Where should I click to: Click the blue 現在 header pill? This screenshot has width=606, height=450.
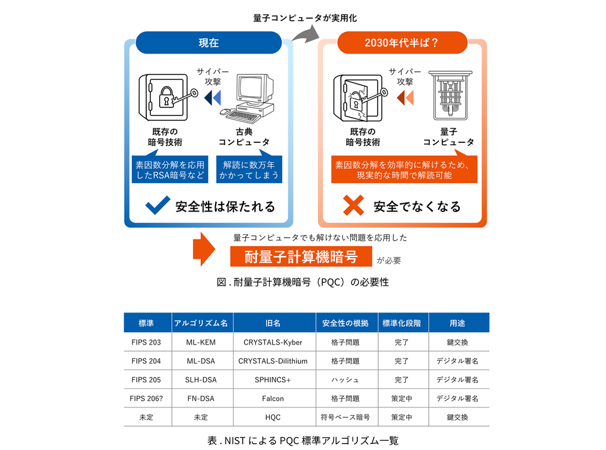(x=209, y=43)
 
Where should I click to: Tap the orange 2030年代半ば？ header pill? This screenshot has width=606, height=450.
(x=402, y=43)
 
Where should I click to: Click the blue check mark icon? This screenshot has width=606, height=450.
(x=158, y=205)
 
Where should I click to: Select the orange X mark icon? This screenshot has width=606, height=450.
(x=353, y=205)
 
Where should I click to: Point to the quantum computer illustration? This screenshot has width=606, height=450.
(x=450, y=96)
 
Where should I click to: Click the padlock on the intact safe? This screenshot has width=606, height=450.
(x=167, y=97)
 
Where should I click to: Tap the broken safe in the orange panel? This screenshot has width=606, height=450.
(x=358, y=98)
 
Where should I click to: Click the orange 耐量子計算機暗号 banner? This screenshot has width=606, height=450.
(x=301, y=256)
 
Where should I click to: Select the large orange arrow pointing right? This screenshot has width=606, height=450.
(x=204, y=249)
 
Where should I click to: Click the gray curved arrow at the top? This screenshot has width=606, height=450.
(x=305, y=34)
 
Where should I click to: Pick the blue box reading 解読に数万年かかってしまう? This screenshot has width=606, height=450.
(x=249, y=169)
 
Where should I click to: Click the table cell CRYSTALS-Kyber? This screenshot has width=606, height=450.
(x=273, y=342)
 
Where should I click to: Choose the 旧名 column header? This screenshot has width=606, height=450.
(x=273, y=323)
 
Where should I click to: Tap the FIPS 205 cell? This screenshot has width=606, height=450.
(x=146, y=379)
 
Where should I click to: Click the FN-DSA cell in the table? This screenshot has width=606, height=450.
(x=201, y=398)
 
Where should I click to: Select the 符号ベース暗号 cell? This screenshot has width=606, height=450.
(x=345, y=417)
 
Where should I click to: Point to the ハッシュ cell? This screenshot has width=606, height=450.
(x=345, y=379)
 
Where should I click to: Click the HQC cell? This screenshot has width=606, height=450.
(x=273, y=417)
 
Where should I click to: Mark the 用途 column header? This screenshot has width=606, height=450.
(x=457, y=323)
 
